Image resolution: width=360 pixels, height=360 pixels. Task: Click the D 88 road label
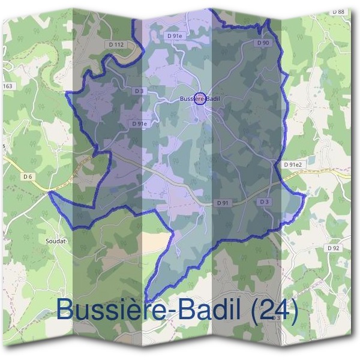[338, 11]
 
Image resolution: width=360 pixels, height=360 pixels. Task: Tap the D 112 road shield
[117, 44]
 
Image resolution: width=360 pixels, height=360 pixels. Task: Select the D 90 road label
[262, 43]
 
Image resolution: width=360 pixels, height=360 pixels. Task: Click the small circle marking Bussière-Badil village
[201, 98]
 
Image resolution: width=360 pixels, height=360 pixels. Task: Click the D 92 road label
[334, 248]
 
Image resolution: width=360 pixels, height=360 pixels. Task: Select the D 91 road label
[223, 203]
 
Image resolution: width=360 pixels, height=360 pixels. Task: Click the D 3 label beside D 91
[264, 202]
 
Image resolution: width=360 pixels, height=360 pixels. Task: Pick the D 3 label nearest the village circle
[140, 91]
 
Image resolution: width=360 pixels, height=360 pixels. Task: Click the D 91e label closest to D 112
[173, 36]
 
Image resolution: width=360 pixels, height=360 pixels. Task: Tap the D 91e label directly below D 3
[140, 124]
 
